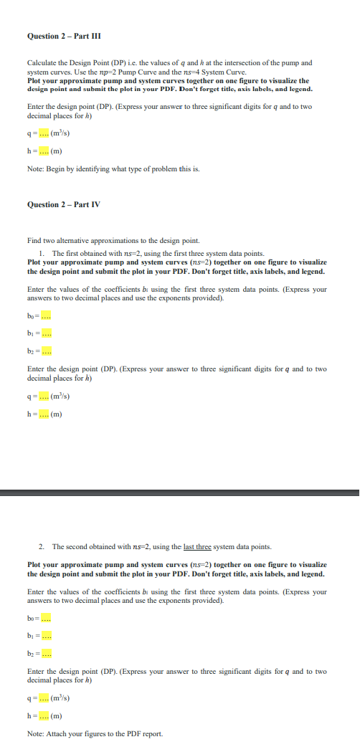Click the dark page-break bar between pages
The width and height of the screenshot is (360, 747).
coord(180,493)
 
